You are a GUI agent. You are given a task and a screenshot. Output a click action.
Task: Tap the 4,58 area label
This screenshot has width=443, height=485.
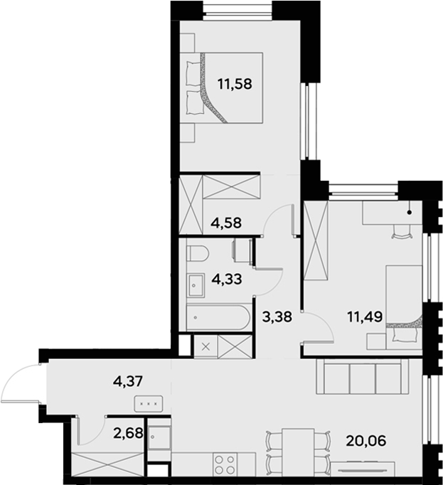coord(226,222)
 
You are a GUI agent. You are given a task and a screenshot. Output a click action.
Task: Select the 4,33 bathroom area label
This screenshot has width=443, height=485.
coord(225,279)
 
